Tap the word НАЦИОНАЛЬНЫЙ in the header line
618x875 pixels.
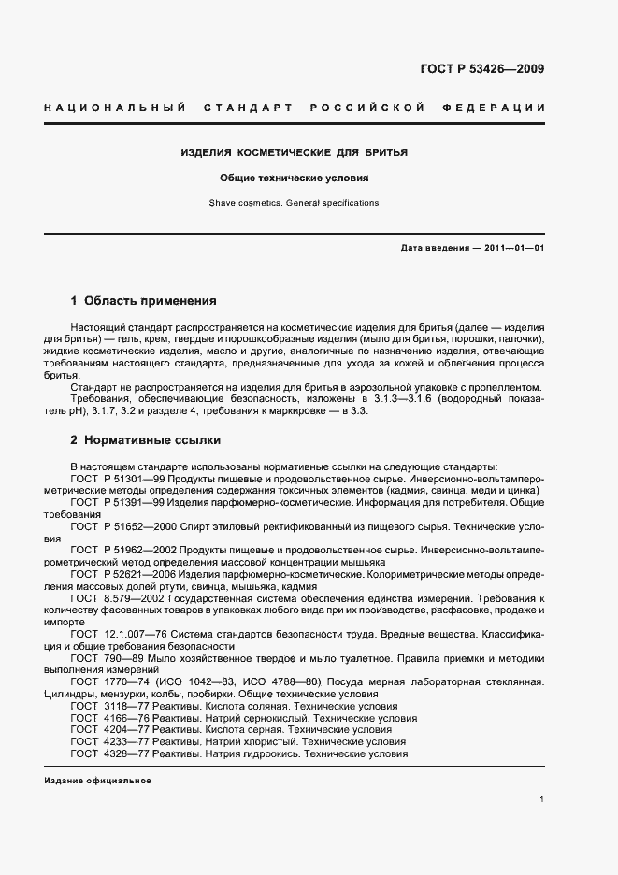pos(114,109)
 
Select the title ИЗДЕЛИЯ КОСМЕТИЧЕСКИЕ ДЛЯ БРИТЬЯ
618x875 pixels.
pos(294,151)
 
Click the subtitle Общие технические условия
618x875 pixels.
pos(294,177)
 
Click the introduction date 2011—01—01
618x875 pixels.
pos(510,247)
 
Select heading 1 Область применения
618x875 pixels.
pos(143,301)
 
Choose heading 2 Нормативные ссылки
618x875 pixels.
pos(145,439)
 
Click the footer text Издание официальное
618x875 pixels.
pos(97,781)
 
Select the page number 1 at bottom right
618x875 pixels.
pos(542,799)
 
